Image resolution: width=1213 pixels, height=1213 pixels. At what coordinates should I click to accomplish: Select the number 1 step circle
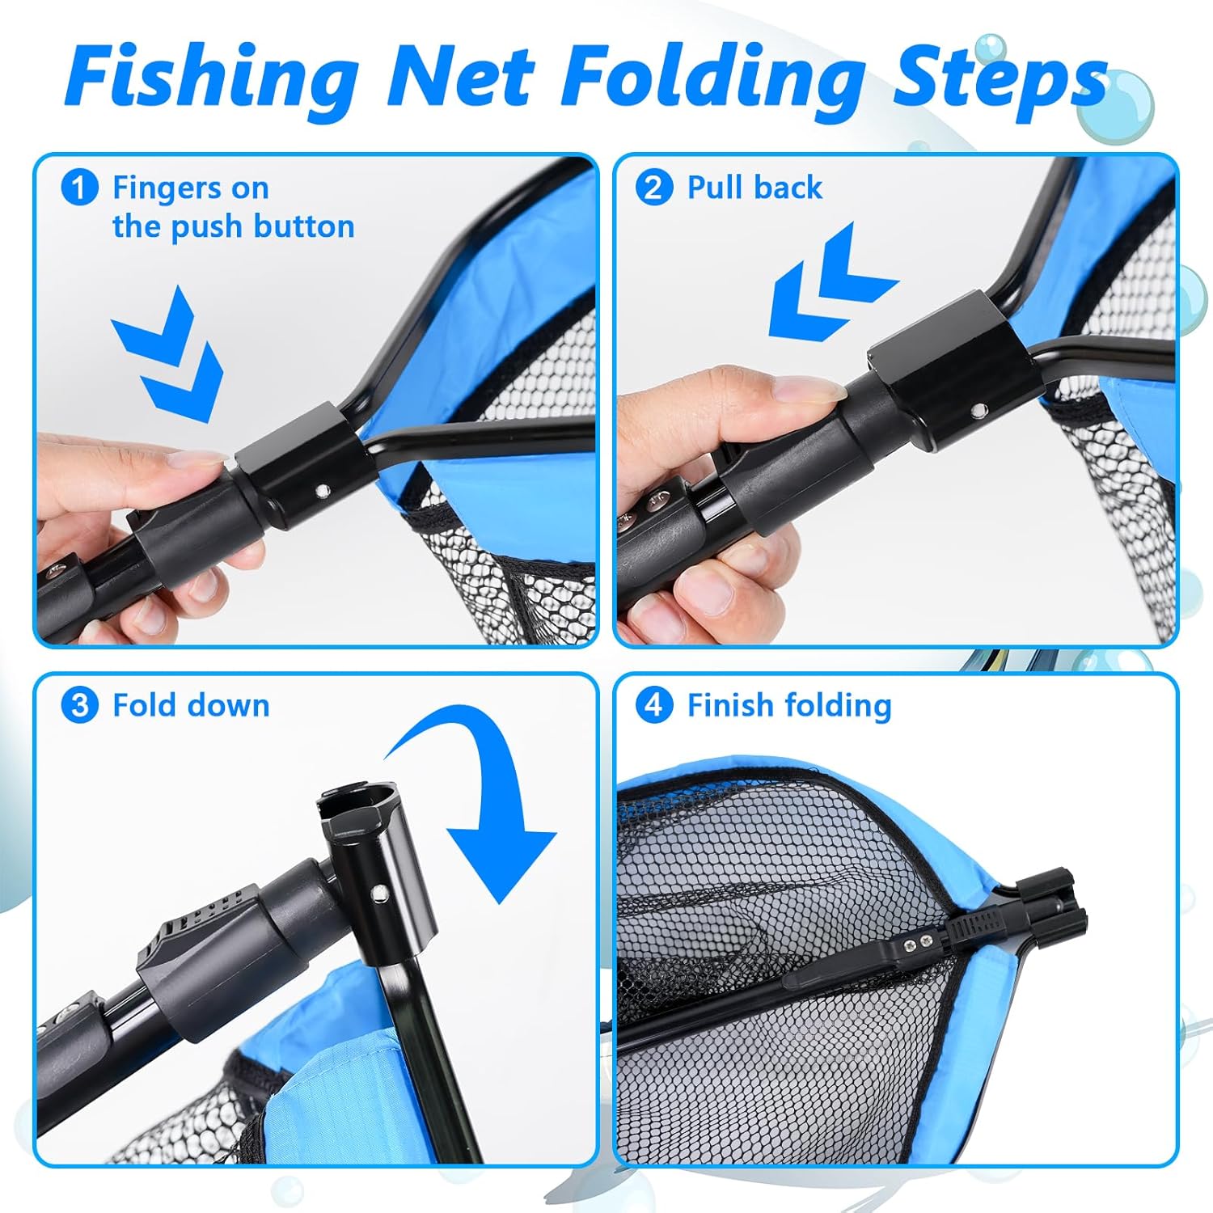[79, 188]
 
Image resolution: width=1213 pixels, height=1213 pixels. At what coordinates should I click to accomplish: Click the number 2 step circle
[653, 188]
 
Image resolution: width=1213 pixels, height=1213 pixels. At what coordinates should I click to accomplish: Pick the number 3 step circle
[79, 705]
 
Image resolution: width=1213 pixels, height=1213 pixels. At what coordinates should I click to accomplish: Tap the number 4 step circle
[653, 705]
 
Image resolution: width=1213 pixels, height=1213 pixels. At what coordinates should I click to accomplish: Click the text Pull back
[754, 188]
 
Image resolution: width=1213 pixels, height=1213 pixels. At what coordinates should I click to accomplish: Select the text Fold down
[191, 705]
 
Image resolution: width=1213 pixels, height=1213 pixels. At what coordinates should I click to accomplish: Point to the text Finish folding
[789, 706]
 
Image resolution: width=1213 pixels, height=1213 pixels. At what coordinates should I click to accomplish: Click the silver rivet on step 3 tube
[378, 892]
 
